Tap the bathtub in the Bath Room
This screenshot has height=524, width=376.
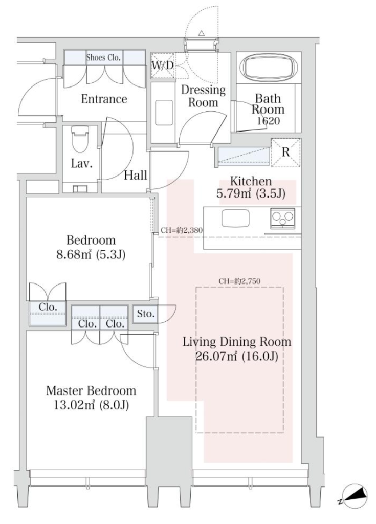[271, 67]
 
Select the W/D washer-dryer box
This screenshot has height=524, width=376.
[163, 65]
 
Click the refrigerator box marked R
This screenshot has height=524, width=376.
[285, 152]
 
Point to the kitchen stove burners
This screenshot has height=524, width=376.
[283, 218]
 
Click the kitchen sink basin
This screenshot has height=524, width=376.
[235, 218]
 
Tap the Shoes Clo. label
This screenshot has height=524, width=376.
[103, 57]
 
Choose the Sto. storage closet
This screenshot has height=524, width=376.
[145, 314]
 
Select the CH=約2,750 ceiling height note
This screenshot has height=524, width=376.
[239, 281]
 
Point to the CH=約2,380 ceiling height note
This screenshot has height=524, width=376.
[182, 230]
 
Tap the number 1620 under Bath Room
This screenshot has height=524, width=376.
[269, 121]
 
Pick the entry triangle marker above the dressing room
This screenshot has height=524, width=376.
[201, 33]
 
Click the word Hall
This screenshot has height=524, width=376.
[136, 175]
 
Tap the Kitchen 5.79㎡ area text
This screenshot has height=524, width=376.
[251, 193]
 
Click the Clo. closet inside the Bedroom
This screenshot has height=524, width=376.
[48, 314]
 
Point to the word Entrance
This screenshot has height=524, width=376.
[104, 99]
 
